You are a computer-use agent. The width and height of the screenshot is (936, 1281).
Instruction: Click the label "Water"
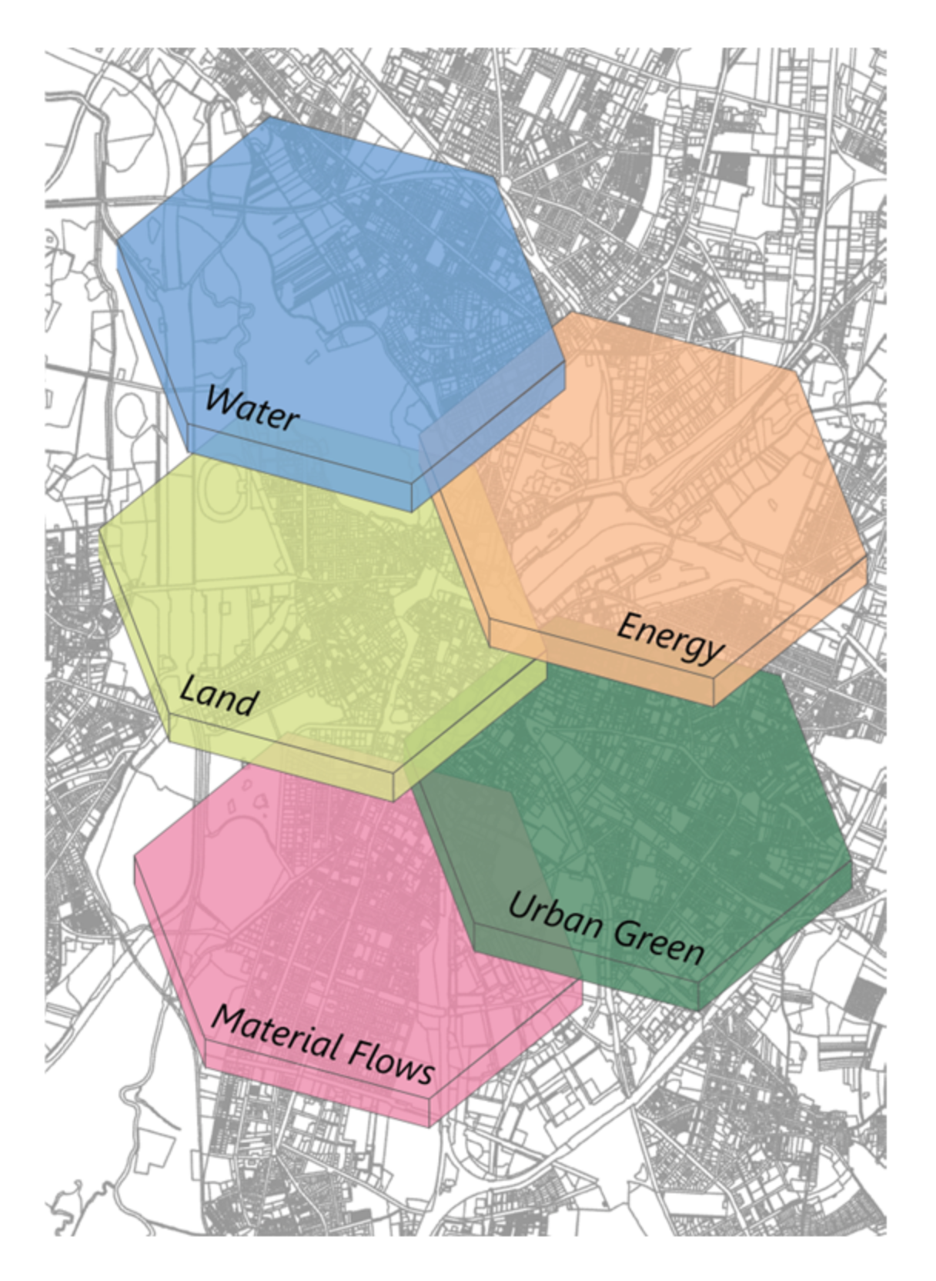251,409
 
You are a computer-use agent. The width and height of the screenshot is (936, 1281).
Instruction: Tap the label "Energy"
670,637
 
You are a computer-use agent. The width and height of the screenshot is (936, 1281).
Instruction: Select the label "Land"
217,696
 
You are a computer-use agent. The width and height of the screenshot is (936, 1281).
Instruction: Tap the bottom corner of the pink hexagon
428,1125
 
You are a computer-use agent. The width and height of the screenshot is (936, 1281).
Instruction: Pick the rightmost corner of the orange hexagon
867,558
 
